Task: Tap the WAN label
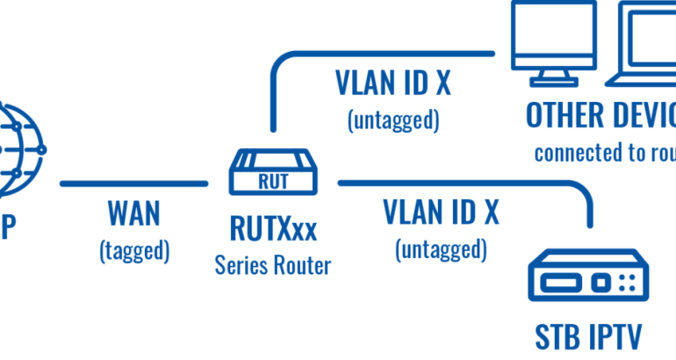[x=134, y=215]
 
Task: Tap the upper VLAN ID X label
[x=393, y=83]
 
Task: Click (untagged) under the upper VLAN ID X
[x=393, y=119]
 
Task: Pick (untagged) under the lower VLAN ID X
[x=442, y=250]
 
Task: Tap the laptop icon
[x=644, y=44]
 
